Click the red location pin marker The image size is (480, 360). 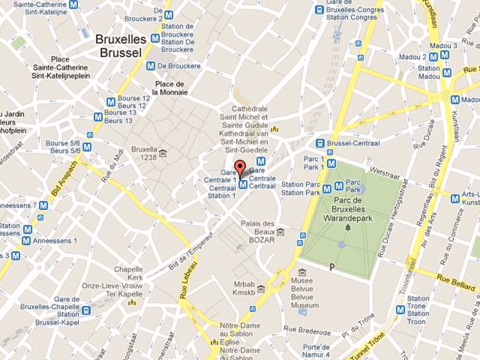[240, 167]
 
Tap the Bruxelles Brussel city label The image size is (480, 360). [121, 45]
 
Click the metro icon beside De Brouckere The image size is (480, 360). [150, 66]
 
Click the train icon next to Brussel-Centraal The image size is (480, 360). [321, 143]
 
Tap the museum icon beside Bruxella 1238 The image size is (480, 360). [163, 153]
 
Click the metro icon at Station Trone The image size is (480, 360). [400, 309]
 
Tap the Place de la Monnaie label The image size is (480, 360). [170, 88]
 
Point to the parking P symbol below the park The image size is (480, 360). [332, 267]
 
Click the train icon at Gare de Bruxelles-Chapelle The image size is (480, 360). [86, 310]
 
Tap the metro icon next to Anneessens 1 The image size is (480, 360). [26, 240]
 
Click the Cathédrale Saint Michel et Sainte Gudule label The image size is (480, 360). [244, 129]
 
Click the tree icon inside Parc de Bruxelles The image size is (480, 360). [348, 228]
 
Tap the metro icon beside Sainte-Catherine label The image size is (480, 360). [73, 5]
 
